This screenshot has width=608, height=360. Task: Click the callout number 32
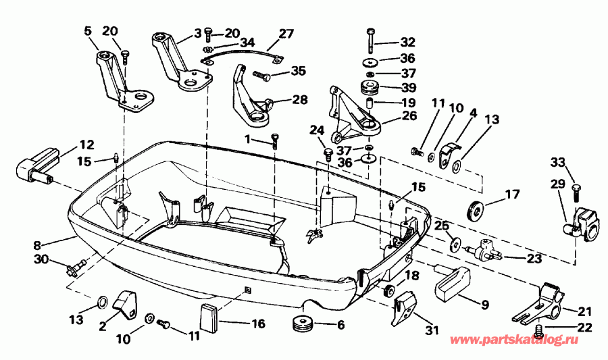[407, 41]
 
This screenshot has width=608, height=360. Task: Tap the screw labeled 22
[539, 331]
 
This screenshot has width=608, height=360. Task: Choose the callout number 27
[286, 33]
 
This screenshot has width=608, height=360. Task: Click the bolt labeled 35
[262, 74]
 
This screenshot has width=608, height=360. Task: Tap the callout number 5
[87, 31]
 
